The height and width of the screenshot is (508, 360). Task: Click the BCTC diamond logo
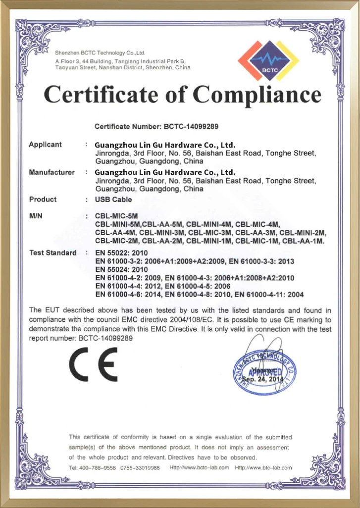tap(269, 61)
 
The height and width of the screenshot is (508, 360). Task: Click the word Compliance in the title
tap(257, 94)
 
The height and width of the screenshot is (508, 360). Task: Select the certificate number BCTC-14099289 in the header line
tap(191, 127)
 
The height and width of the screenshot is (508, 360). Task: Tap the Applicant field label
tap(45, 145)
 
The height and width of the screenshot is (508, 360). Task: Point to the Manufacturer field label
tap(51, 172)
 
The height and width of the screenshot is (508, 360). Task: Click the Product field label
tap(43, 200)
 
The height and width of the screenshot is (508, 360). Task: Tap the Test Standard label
tap(52, 253)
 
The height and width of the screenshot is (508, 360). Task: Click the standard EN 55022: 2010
tap(121, 253)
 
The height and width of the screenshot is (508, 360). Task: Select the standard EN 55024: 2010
tap(121, 269)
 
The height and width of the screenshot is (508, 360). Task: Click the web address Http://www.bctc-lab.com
tap(199, 467)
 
